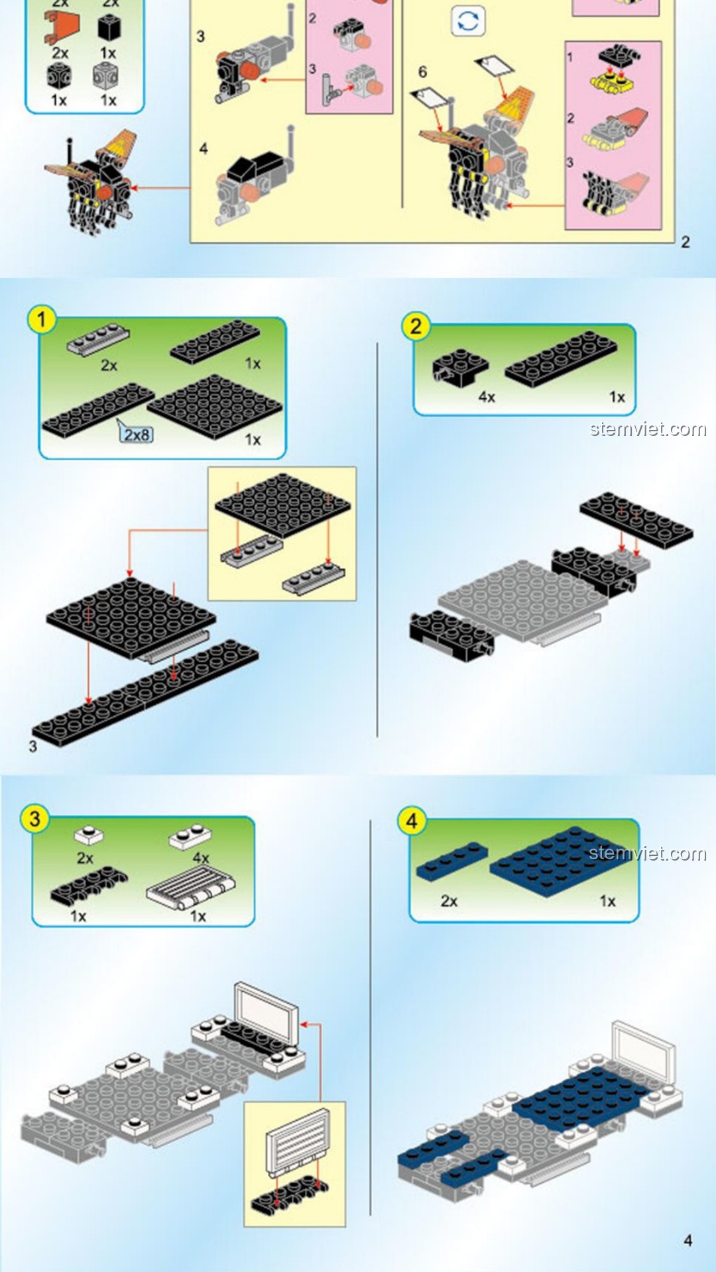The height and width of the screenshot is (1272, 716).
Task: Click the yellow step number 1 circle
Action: [41, 319]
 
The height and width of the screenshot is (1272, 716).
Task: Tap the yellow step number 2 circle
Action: [416, 326]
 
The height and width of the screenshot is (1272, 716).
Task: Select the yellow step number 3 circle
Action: [34, 819]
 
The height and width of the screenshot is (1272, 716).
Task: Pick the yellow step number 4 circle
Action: [412, 821]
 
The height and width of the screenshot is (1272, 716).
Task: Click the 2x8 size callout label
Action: [137, 435]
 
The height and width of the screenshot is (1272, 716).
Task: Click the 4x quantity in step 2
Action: [487, 397]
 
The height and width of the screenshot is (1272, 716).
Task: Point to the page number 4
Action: [687, 1240]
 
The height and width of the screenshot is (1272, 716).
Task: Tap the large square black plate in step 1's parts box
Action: [215, 406]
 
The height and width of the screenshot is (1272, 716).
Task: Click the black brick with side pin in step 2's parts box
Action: [459, 366]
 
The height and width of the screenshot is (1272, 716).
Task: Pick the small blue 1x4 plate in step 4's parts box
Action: [452, 861]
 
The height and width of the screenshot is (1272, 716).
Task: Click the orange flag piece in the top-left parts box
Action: [64, 27]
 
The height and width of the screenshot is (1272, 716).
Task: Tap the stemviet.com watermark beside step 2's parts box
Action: [648, 429]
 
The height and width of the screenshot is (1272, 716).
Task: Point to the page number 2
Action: [686, 242]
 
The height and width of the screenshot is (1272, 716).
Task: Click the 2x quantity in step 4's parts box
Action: [449, 901]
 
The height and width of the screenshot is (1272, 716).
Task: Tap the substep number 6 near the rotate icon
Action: [422, 72]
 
